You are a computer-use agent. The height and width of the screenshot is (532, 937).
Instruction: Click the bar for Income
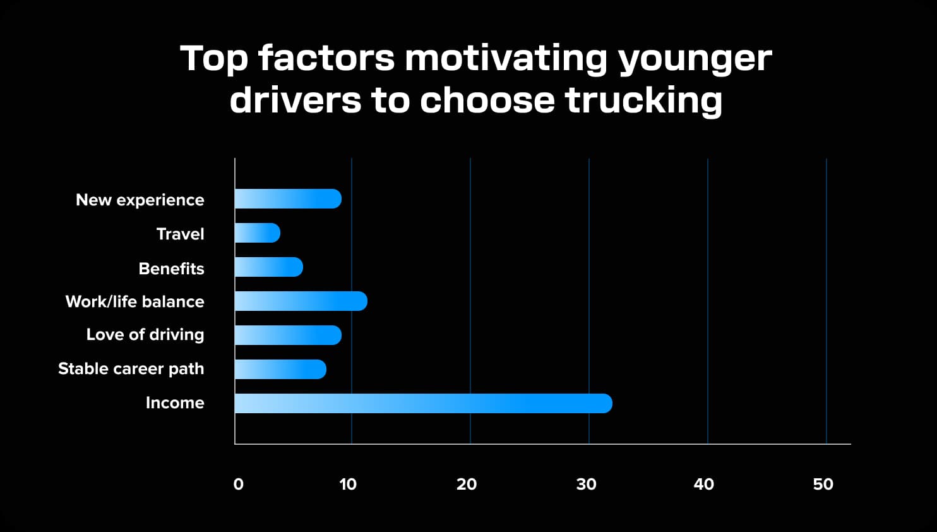click(423, 403)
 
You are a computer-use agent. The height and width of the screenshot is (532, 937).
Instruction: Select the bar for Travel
click(258, 233)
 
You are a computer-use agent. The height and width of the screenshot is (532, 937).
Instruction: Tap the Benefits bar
click(269, 267)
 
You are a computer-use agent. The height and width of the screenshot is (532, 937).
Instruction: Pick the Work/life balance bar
click(301, 301)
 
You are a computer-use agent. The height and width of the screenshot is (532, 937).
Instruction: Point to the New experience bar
click(288, 199)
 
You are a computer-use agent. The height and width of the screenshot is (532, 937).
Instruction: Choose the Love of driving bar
click(288, 335)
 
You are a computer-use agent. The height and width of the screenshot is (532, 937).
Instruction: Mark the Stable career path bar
click(280, 369)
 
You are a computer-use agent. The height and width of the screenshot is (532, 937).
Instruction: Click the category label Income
click(175, 403)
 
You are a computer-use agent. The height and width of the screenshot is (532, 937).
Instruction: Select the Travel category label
click(180, 234)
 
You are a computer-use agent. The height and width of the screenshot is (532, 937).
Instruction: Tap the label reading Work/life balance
click(134, 302)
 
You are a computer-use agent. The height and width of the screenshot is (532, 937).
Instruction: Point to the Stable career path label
click(131, 369)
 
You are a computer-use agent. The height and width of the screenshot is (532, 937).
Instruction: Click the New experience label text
click(140, 200)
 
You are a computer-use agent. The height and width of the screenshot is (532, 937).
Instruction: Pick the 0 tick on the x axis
click(238, 485)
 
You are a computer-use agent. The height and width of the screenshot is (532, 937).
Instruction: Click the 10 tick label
click(348, 485)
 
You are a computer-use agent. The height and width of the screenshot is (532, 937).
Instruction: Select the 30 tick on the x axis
click(586, 485)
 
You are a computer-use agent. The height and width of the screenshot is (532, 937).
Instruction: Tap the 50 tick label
click(823, 485)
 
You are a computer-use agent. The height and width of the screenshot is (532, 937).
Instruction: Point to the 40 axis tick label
click(703, 485)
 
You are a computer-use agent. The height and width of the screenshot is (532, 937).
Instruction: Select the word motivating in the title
click(506, 58)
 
